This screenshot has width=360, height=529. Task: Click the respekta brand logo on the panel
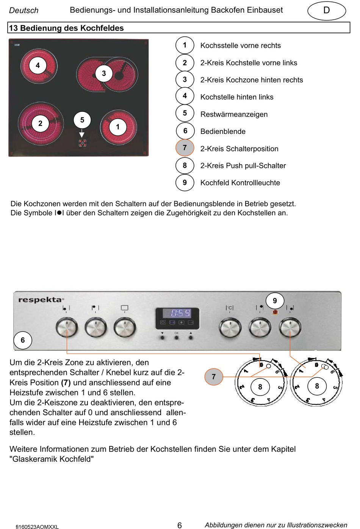[41, 300]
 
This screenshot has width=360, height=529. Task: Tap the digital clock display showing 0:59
[177, 313]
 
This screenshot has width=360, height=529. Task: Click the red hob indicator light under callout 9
[275, 312]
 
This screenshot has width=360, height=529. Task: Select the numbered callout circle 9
[275, 301]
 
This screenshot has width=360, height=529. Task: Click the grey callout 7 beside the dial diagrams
[214, 377]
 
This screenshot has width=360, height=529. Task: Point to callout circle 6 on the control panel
[23, 340]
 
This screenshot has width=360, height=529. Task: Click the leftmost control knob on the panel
[67, 327]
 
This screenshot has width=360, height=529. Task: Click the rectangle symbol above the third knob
[124, 308]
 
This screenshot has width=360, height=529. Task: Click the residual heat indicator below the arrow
[82, 143]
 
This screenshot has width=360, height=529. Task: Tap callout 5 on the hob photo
[82, 120]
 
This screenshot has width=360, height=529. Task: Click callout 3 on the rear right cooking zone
[104, 73]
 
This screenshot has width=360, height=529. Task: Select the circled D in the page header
[326, 11]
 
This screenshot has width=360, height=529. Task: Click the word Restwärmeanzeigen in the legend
[234, 115]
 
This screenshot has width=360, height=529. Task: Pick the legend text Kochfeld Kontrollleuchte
[240, 183]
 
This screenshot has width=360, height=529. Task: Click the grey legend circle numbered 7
[185, 148]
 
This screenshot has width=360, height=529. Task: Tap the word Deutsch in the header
[24, 11]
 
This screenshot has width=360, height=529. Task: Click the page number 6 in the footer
[180, 525]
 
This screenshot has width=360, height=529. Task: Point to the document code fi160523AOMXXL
[37, 527]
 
